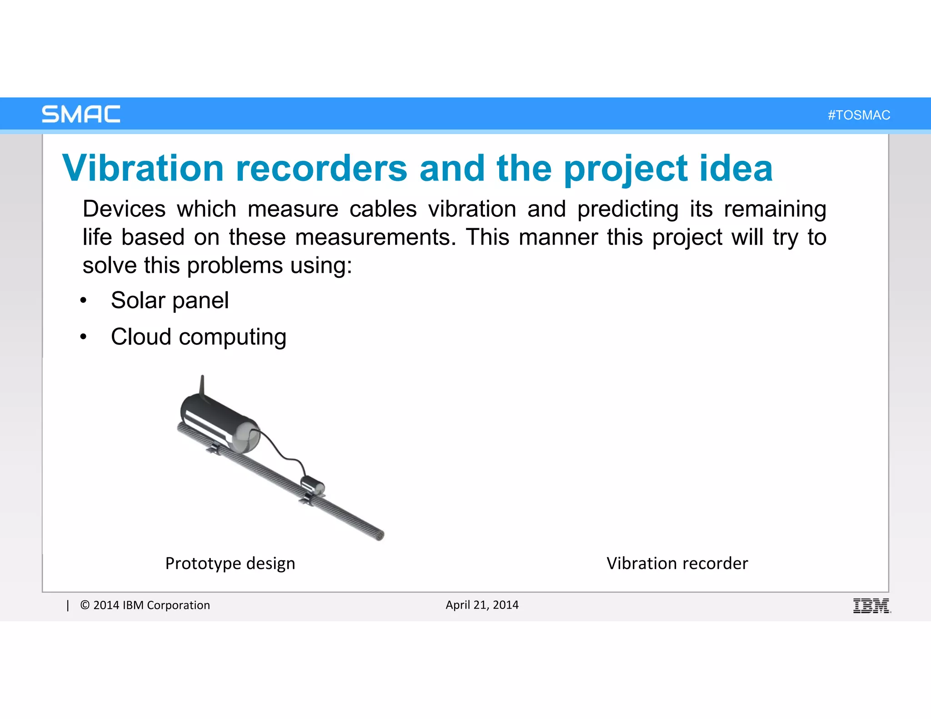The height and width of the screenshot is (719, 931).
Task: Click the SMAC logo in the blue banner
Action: (81, 114)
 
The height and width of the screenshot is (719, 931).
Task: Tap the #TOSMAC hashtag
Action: (859, 115)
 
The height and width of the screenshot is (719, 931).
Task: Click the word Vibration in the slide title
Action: (143, 168)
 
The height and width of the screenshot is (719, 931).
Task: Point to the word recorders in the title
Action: (321, 168)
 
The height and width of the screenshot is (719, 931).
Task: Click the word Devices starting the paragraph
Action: (124, 209)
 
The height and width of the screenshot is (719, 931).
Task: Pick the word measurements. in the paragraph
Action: (375, 237)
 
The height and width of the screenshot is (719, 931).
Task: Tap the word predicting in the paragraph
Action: (628, 210)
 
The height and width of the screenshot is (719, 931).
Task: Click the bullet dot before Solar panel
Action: (83, 300)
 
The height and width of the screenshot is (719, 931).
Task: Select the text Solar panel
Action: (170, 300)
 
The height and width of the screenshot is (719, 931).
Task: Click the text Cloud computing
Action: (199, 337)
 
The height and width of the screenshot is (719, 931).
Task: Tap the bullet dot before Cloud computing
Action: (83, 337)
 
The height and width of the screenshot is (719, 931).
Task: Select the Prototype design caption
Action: (230, 564)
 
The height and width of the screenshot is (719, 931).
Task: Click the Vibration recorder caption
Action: (677, 564)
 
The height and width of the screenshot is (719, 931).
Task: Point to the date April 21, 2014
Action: (482, 605)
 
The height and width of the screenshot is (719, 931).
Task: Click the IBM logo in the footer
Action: (871, 606)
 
